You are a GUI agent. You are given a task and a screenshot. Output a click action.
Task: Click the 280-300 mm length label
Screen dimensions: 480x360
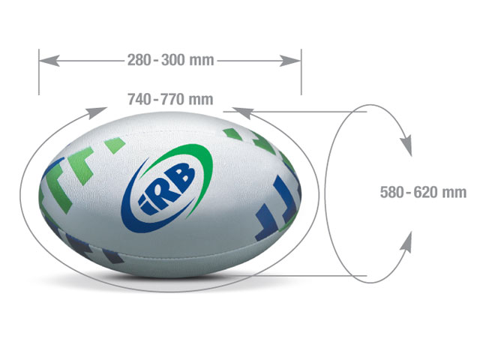point(170,58)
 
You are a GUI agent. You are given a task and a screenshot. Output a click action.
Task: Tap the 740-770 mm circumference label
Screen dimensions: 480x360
point(170,99)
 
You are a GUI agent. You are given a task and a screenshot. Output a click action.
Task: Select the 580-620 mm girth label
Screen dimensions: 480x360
point(423,193)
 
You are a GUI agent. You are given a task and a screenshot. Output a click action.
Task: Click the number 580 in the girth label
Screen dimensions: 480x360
point(392,193)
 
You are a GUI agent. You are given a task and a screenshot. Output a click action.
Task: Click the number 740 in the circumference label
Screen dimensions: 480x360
point(139,99)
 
